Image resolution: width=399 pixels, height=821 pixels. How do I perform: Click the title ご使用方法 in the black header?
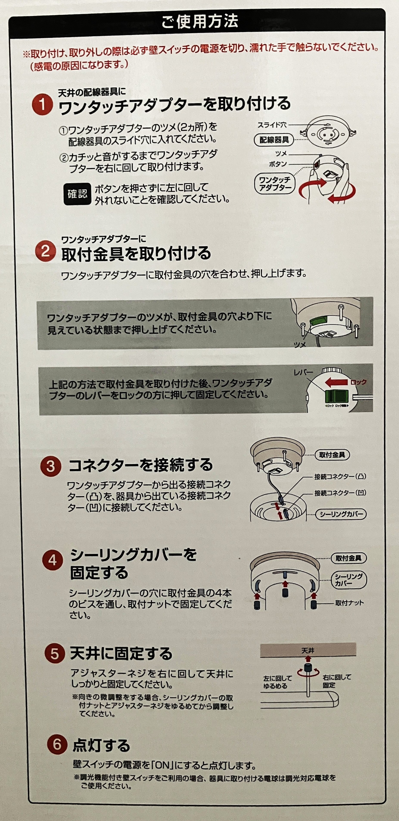199,22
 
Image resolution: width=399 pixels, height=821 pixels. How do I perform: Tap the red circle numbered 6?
57,745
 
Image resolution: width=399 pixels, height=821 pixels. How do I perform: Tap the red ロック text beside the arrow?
358,382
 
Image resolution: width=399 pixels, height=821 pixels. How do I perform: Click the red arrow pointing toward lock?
336,382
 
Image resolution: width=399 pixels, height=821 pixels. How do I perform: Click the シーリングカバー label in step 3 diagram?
341,514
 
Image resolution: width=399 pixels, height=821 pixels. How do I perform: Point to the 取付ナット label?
349,603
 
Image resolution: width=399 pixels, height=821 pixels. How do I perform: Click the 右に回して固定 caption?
337,681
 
